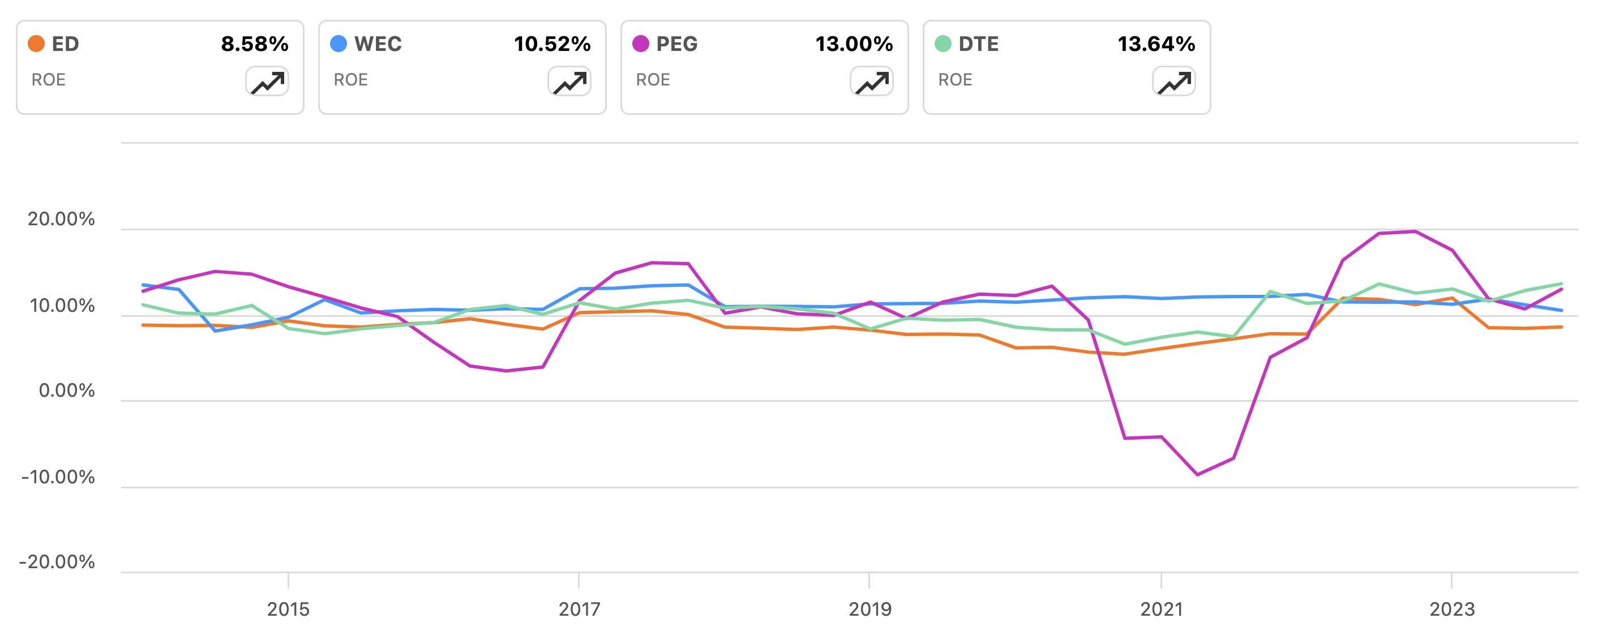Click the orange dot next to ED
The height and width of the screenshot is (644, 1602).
tap(36, 44)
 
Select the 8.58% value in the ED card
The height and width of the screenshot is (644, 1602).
tap(254, 44)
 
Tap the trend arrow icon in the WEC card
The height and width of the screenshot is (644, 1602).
tap(569, 81)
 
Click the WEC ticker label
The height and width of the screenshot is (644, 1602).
tap(378, 44)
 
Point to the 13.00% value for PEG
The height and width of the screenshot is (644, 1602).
tap(853, 44)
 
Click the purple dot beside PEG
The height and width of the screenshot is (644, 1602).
tap(641, 44)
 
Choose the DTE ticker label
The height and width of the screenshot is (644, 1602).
tap(978, 44)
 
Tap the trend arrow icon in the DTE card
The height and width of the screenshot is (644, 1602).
tap(1173, 81)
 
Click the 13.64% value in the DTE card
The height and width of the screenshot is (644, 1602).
tap(1155, 44)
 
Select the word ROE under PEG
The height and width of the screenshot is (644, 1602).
tap(652, 80)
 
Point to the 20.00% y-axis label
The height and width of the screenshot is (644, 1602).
tap(61, 219)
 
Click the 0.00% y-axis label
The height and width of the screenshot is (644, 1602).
tap(67, 390)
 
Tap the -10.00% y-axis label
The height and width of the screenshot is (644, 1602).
tap(58, 477)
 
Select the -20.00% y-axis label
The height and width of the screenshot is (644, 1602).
tap(57, 562)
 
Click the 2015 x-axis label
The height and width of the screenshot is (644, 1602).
tap(288, 608)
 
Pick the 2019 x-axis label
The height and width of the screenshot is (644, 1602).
tap(869, 608)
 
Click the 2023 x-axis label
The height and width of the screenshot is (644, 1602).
tap(1451, 608)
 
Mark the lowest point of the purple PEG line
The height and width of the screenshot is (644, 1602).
tap(1197, 475)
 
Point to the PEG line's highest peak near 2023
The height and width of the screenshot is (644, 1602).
tap(1415, 232)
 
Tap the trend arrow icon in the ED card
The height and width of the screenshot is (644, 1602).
tap(267, 81)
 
